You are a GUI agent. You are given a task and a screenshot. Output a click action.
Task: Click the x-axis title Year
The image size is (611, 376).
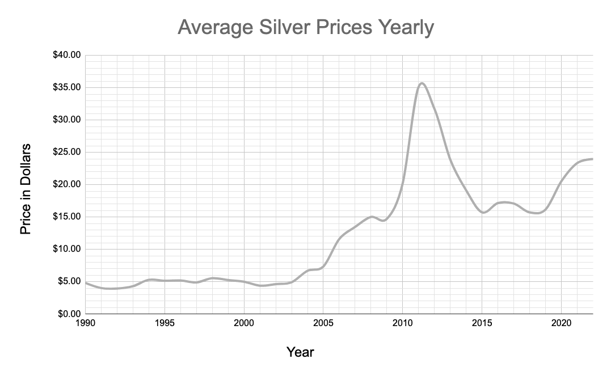coord(300,352)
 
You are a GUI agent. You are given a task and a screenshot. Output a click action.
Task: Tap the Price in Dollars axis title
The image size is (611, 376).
coord(26,189)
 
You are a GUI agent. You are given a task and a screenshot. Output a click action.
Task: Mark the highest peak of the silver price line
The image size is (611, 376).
coord(421,83)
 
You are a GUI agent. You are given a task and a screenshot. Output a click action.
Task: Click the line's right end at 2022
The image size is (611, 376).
coord(592,159)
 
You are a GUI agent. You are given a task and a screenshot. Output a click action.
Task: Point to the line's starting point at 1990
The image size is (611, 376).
coord(86,282)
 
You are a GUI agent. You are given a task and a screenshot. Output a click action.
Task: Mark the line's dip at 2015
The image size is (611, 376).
coord(483,213)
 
